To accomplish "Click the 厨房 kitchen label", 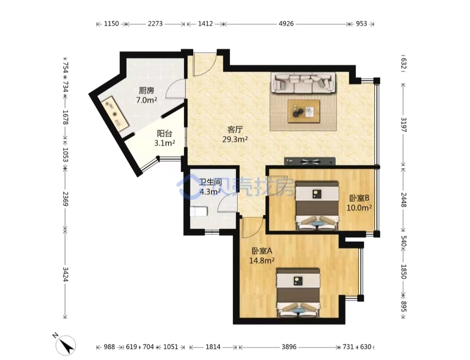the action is coord(147,90).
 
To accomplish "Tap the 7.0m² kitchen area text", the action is coord(147,100).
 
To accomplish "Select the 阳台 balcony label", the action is coord(164,133).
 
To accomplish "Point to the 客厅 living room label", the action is coord(235,130).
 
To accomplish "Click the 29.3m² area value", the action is coord(235,139).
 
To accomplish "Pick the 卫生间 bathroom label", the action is coord(211,182).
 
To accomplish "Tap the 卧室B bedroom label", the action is coord(359,198).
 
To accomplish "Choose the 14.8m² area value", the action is coord(262,260).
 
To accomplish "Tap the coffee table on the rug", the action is coord(304,111).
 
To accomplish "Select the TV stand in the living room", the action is coord(310,161).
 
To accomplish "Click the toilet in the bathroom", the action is coord(199,212).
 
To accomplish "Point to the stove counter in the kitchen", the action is coord(115,114).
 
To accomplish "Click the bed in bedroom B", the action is coord(317,206).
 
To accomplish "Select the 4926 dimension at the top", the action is coord(286,23).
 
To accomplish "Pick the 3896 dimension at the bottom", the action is coord(289,347).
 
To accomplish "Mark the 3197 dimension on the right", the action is coord(404,125).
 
